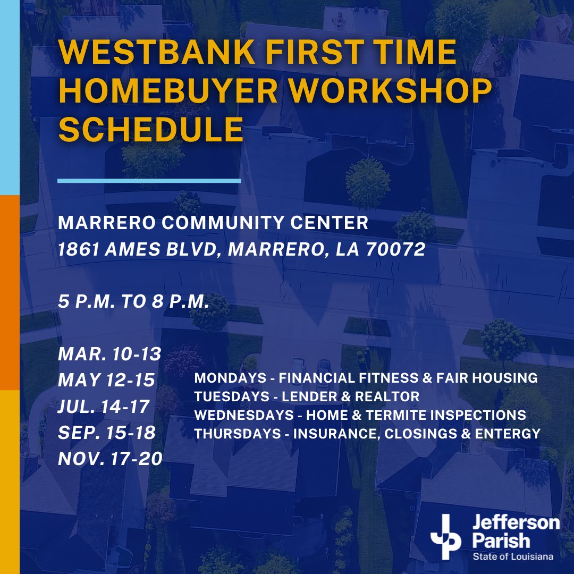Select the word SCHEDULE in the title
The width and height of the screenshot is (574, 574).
[151, 129]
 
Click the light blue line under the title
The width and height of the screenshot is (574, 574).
[149, 181]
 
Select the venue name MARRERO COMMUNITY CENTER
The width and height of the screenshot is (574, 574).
[213, 223]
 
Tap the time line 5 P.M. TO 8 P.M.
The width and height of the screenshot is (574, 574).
[132, 301]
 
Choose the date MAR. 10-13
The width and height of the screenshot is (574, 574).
[109, 353]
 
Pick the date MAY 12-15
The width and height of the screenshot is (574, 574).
[106, 380]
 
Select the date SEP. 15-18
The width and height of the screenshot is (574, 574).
[107, 432]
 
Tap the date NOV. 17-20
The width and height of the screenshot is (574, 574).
[110, 458]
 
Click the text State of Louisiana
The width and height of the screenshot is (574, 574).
[513, 556]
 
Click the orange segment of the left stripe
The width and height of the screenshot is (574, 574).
[10, 292]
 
